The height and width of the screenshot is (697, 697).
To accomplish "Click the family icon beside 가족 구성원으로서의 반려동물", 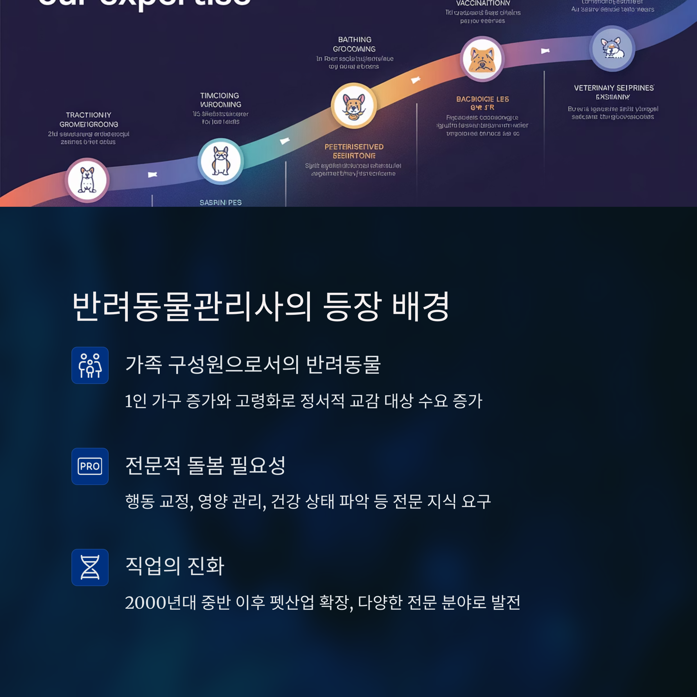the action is (90, 365).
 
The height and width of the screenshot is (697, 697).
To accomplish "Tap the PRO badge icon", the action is (90, 466).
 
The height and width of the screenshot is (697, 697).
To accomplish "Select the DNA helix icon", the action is (90, 567).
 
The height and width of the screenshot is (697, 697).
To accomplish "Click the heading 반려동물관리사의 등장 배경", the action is (261, 307).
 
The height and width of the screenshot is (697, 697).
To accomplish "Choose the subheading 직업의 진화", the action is (175, 566).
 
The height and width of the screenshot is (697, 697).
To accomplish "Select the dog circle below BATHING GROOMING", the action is (354, 106).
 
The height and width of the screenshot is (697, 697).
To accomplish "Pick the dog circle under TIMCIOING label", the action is (220, 161).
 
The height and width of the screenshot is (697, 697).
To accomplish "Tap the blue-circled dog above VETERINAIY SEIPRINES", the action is (612, 48).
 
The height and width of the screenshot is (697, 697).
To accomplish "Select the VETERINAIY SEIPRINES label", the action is (614, 88).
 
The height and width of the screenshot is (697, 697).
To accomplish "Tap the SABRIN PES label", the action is (220, 202).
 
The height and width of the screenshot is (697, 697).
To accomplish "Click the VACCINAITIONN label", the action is (483, 3).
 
